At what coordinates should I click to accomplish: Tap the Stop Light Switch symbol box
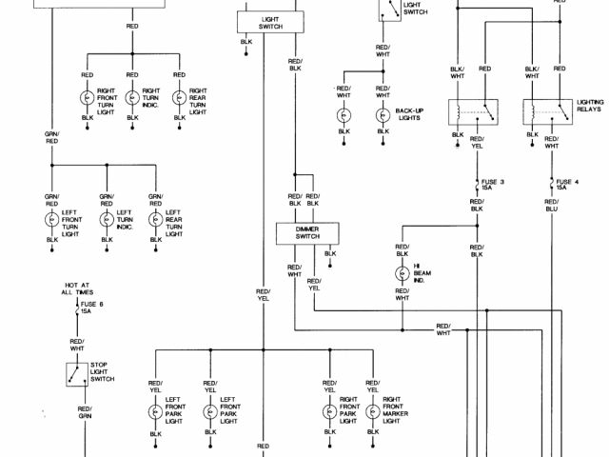tap(74, 372)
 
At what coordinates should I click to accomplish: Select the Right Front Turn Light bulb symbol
tap(88, 98)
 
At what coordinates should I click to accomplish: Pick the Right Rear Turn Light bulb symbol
tap(179, 98)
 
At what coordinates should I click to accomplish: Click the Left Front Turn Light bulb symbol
tap(51, 218)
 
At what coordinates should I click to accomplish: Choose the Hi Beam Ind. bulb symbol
tap(402, 273)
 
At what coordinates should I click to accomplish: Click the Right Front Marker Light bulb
tap(372, 411)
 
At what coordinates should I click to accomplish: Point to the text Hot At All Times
tap(78, 289)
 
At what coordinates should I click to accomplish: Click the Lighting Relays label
tap(590, 106)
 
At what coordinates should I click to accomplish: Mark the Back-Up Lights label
tap(408, 115)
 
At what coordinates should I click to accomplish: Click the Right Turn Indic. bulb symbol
tap(131, 98)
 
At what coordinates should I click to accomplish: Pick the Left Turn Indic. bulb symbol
tap(107, 218)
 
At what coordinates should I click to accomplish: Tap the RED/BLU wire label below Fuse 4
tap(551, 205)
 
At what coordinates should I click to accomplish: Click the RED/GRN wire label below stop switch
tap(85, 411)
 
